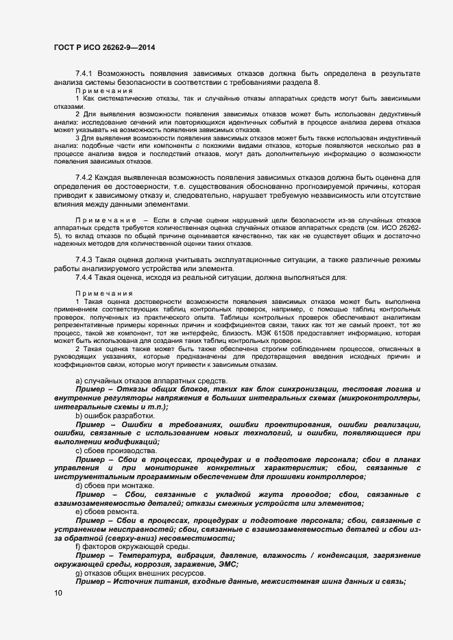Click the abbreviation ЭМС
[x=228, y=564]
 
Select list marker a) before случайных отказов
[x=79, y=381]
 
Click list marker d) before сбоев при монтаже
[x=79, y=485]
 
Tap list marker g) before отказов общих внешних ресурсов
[x=79, y=573]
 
